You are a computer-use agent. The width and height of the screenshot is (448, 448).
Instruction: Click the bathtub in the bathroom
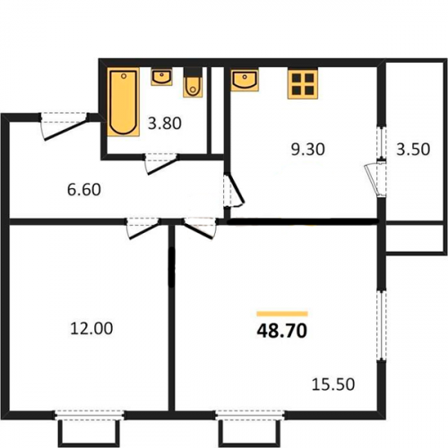click(124, 102)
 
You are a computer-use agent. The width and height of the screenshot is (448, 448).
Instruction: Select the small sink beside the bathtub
click(161, 77)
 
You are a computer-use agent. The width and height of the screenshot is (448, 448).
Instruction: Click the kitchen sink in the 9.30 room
click(245, 80)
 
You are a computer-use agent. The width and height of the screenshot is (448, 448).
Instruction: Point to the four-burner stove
click(303, 83)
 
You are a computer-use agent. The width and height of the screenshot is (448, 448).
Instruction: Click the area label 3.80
click(165, 124)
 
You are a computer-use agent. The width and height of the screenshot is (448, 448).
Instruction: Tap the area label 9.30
click(307, 150)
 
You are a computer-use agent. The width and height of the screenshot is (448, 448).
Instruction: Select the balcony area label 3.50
click(413, 150)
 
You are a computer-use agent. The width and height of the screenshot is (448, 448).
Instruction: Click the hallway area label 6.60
click(84, 190)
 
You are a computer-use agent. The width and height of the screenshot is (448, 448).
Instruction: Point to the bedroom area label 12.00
click(91, 328)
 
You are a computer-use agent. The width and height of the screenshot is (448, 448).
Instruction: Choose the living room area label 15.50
click(333, 384)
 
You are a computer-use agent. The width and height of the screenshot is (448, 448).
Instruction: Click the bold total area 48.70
click(282, 331)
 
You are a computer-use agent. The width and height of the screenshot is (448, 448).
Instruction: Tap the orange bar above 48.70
click(282, 314)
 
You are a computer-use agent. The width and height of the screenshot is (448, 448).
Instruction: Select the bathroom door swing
click(161, 164)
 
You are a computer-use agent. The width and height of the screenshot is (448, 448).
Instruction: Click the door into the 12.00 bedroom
click(143, 228)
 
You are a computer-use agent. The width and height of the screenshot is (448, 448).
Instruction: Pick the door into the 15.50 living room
click(200, 228)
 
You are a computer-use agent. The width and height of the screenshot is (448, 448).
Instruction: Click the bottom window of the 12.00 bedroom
click(90, 416)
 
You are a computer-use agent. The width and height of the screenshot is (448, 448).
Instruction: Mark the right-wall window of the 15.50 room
click(381, 325)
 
